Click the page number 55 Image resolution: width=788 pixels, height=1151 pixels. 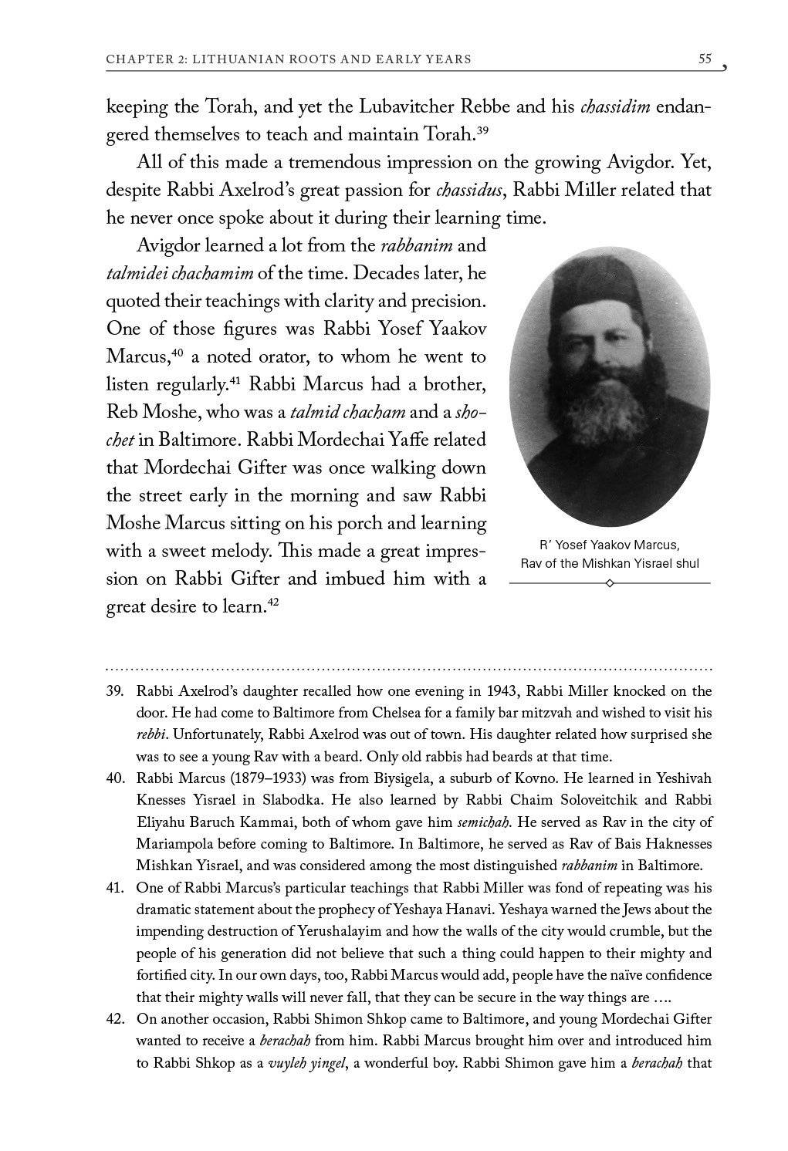pyautogui.click(x=704, y=59)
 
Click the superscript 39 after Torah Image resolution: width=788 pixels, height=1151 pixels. pyautogui.click(x=482, y=130)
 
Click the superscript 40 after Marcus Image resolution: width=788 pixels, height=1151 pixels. pyautogui.click(x=176, y=352)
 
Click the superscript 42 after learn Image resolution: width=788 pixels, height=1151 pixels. pyautogui.click(x=272, y=602)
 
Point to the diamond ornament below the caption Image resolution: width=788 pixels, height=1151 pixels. pyautogui.click(x=610, y=583)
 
